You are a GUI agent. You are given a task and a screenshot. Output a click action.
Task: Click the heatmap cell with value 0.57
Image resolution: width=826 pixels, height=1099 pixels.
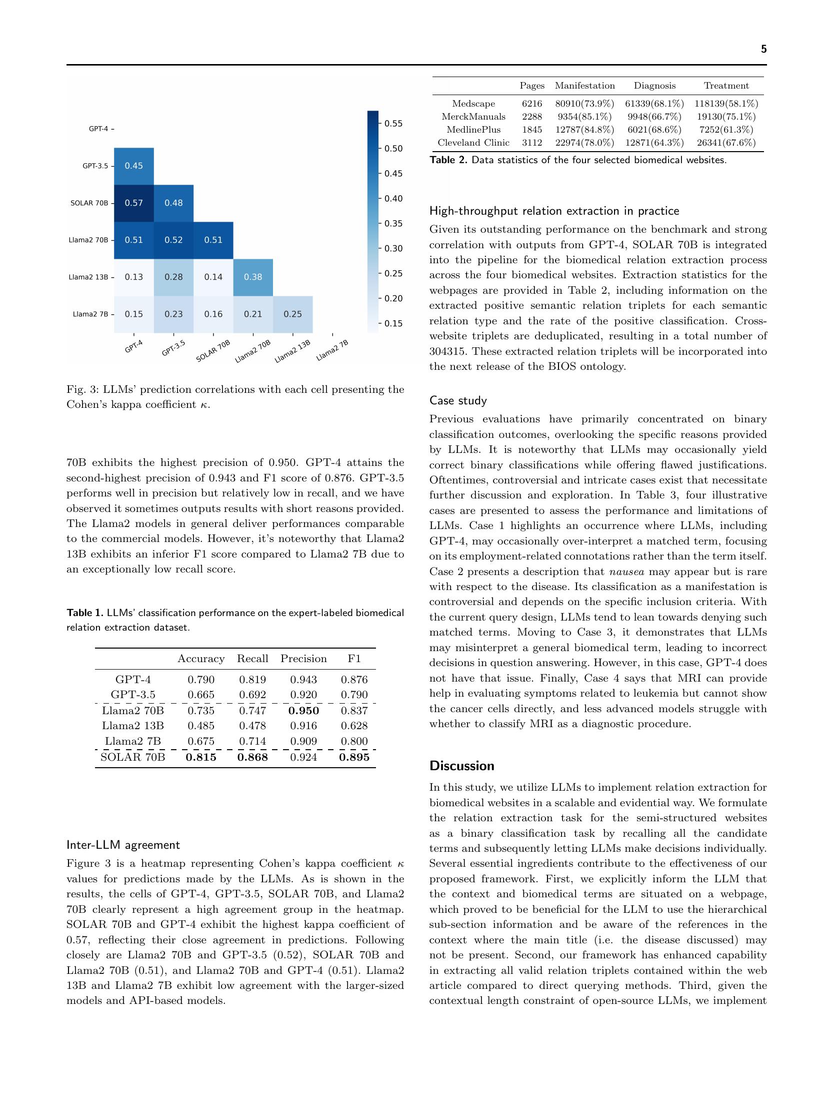pos(133,203)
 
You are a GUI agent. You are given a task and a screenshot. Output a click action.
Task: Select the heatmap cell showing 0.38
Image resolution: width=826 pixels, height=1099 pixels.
pos(253,277)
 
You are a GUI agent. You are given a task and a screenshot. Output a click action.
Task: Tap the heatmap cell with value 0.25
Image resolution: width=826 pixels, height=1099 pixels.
pos(292,314)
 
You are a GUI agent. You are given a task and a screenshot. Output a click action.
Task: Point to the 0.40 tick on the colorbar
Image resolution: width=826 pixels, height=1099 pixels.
pos(393,199)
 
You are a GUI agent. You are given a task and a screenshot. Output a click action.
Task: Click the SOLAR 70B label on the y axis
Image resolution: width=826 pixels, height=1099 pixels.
pos(89,203)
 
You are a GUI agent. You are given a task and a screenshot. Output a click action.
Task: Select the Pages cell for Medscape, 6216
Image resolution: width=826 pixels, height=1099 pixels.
pos(531,104)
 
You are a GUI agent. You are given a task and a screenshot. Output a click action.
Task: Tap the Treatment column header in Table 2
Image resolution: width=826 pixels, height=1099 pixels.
pos(726,86)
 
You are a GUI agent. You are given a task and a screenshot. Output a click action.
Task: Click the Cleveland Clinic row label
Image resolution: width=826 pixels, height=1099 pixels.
pos(473,143)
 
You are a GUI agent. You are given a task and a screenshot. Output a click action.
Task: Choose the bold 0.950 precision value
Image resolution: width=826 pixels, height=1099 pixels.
pos(303,710)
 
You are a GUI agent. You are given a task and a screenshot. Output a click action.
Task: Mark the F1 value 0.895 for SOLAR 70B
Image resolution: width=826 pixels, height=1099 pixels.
pos(354,757)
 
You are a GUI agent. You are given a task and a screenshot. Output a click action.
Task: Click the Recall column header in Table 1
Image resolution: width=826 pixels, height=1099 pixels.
pos(252,659)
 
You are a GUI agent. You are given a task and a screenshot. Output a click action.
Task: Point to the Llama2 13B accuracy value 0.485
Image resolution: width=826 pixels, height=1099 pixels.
pos(201,726)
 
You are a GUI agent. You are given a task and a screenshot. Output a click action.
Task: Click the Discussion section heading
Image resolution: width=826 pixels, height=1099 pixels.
pos(461,766)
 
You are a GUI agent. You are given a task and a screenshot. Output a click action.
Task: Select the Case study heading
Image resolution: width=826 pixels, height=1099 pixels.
pos(458,400)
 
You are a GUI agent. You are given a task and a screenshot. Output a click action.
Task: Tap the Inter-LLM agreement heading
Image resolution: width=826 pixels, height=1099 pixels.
pos(123,845)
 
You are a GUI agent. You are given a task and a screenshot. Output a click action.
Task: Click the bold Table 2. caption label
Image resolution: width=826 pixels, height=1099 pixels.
pos(448,160)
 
